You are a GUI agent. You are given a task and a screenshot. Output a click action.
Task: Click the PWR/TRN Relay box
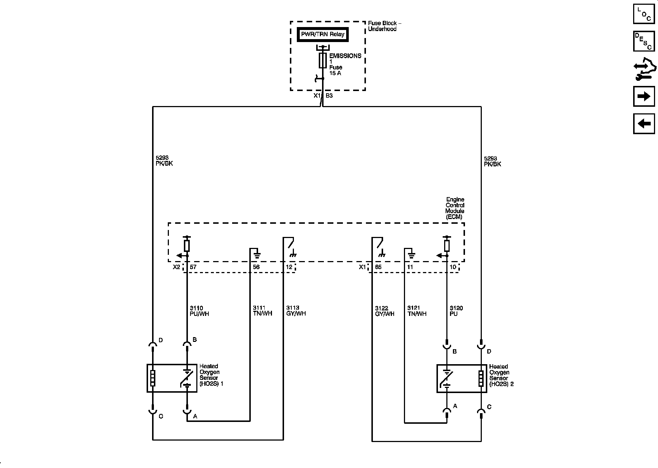[x=322, y=34]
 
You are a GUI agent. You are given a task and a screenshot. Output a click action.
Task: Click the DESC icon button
[x=644, y=41]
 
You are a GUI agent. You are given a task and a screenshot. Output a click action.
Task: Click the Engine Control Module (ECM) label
[x=455, y=208]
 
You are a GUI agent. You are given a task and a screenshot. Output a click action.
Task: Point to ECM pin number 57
[x=193, y=267]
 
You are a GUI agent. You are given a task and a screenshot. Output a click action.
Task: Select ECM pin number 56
[x=256, y=267]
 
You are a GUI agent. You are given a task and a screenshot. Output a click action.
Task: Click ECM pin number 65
[x=378, y=267]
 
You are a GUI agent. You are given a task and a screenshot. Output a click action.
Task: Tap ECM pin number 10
[x=453, y=267]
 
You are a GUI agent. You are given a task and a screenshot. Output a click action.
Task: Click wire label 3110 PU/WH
[x=199, y=311]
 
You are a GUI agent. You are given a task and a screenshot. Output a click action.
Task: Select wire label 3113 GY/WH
[x=296, y=310]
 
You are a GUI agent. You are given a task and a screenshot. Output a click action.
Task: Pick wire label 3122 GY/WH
[x=385, y=311]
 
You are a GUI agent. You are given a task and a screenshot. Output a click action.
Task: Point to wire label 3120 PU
[x=456, y=311]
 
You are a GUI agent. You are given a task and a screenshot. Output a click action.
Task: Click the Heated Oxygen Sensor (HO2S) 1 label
[x=211, y=375]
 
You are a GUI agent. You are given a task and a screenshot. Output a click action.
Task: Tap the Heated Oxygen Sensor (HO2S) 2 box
[x=462, y=378]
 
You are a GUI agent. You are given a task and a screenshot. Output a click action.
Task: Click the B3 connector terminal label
[x=329, y=96]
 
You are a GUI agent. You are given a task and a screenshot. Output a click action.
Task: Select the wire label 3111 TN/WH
[x=262, y=310]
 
